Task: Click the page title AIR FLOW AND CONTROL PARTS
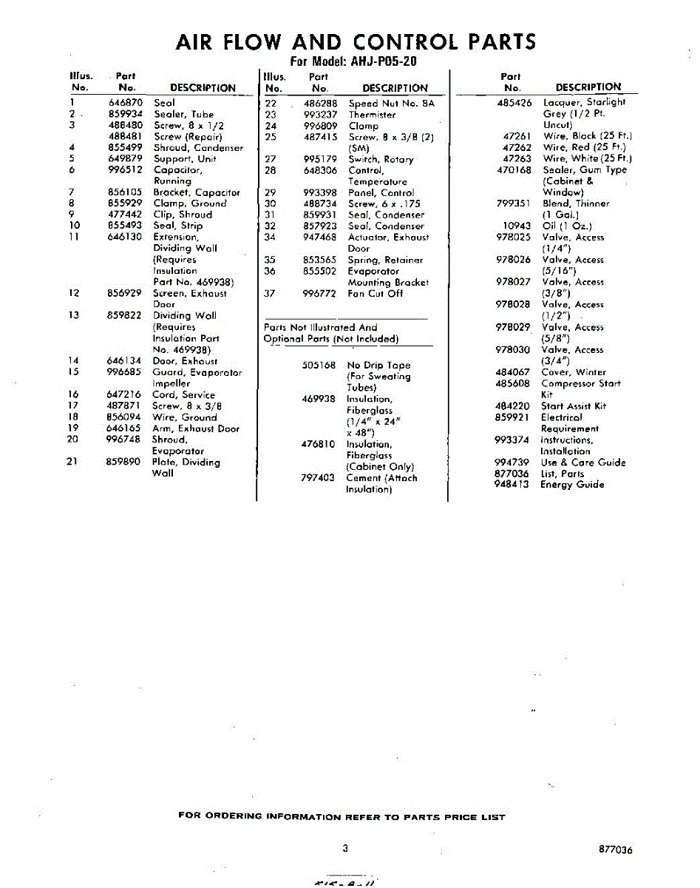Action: point(356,41)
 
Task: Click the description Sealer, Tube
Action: point(183,115)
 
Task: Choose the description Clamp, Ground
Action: point(190,203)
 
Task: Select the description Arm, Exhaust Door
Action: point(196,428)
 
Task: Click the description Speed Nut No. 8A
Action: point(392,104)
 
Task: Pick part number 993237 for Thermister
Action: point(320,115)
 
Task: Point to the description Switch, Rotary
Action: point(381,159)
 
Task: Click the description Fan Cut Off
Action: point(376,294)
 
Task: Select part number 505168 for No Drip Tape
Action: point(319,366)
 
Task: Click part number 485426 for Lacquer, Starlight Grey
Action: point(514,103)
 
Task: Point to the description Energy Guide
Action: point(572,485)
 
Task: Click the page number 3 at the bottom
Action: point(345,848)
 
